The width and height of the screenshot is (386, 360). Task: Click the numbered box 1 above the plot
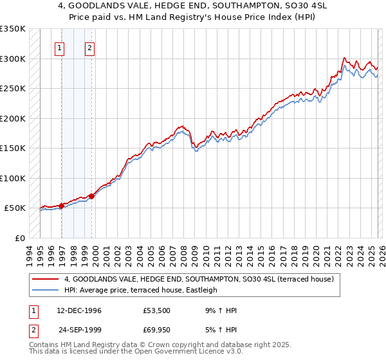pos(59,47)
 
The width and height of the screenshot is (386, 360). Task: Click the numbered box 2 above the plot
pos(89,47)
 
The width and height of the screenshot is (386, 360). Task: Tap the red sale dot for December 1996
pos(62,206)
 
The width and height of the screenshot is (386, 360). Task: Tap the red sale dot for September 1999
pos(91,196)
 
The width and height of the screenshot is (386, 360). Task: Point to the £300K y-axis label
pos(12,59)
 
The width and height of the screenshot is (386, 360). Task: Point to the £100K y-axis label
pos(12,178)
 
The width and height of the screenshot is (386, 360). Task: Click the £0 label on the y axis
pos(19,238)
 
